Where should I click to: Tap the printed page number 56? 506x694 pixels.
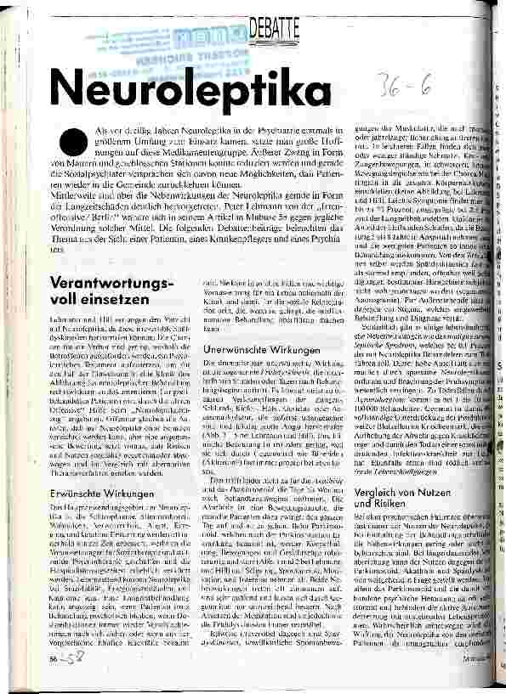click(x=54, y=659)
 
